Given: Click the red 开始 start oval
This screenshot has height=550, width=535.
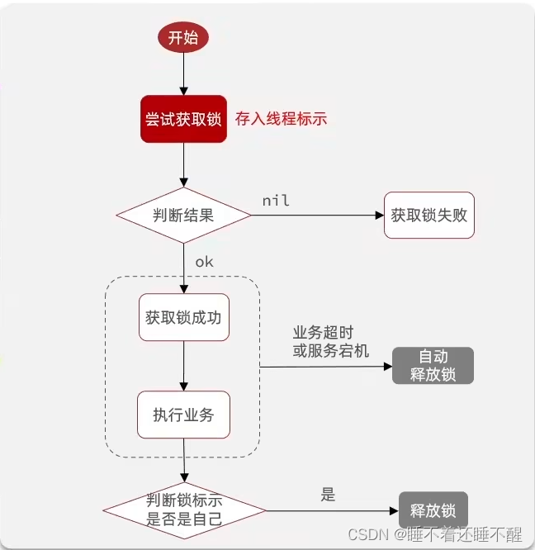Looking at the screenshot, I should pos(183,38).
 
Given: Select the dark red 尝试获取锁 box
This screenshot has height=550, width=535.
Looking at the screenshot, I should pos(183,119).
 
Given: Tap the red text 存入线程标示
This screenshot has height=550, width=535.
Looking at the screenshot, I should pos(281,119).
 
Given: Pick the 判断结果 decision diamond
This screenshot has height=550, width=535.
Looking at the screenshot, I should pos(183,216).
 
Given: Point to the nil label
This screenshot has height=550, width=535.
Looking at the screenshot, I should pos(276,201).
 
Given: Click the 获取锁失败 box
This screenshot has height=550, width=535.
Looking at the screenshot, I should pos(429,216).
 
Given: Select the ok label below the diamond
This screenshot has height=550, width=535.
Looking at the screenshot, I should pos(204,262).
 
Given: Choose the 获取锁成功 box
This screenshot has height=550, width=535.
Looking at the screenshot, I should pos(183,317).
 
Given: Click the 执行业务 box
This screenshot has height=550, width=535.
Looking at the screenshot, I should pos(183,415).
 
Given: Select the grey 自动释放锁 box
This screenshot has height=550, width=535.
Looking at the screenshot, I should pos(433,366).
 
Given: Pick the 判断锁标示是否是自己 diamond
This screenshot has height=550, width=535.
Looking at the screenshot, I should pos(183,510).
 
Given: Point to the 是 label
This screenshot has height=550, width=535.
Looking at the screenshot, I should pos(328,495).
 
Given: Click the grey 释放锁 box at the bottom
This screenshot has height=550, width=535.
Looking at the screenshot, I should pos(433,510).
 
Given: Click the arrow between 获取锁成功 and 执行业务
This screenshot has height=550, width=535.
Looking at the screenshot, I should pos(183,366).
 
